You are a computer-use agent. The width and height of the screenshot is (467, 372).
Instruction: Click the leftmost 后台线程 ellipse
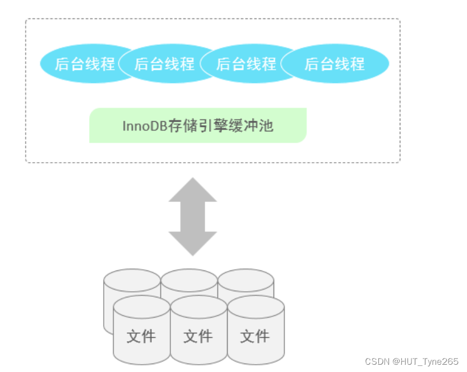84,63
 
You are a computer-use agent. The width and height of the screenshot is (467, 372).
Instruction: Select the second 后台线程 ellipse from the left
164,63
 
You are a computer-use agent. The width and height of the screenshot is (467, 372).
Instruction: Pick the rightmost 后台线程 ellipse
335,63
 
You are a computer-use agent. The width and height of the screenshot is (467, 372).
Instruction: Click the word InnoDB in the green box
141,126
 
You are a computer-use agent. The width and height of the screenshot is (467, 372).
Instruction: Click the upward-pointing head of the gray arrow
193,191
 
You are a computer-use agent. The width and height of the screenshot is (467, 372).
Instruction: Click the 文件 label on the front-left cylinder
141,336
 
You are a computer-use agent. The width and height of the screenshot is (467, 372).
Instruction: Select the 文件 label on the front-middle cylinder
198,336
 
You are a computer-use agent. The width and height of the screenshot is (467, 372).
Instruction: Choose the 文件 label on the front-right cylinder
255,336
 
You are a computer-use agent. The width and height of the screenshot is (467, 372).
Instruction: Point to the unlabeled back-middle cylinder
189,281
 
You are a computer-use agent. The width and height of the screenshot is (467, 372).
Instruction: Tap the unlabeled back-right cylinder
247,281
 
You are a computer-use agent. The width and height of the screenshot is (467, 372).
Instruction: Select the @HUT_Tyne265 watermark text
426,361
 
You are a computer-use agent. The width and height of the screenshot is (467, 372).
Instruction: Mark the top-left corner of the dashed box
26,20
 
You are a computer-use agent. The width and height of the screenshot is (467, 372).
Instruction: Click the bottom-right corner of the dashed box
399,162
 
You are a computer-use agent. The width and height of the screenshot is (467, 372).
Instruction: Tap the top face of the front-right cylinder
256,306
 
